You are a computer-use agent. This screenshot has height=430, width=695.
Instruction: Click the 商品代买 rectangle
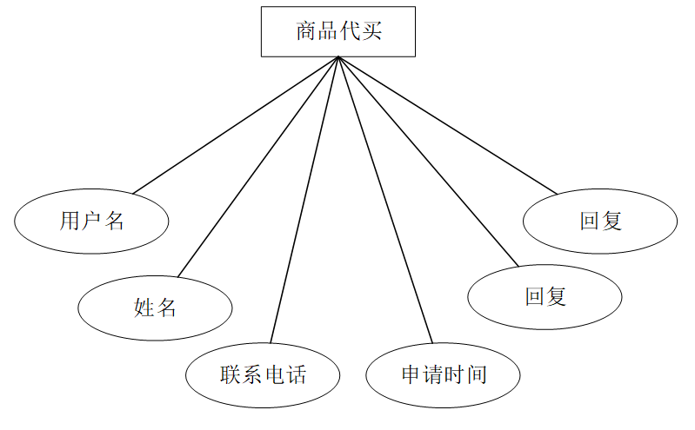coord(338,32)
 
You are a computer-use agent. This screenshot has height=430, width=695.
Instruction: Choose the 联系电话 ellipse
coord(263,375)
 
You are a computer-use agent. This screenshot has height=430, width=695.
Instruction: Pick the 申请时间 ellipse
coord(443,375)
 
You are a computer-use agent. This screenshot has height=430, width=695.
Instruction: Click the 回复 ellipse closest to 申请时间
coord(545,297)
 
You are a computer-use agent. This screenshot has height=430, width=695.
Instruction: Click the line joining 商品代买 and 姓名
coord(257,165)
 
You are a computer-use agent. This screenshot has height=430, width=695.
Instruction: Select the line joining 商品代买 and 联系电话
coord(304,200)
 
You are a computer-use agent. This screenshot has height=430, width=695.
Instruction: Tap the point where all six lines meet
coord(338,57)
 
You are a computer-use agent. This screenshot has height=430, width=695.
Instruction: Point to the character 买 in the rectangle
coord(371,32)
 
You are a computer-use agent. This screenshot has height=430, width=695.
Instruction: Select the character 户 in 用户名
coord(91,221)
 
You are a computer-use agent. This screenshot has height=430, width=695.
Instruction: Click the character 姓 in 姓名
coord(144,307)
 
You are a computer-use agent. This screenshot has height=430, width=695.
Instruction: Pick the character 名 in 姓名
coord(166,307)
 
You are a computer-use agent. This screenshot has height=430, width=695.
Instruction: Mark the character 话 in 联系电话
coord(296,375)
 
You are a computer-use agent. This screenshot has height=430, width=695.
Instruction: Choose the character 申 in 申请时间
coord(411,375)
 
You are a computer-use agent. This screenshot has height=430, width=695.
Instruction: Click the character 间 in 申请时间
coord(476,375)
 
